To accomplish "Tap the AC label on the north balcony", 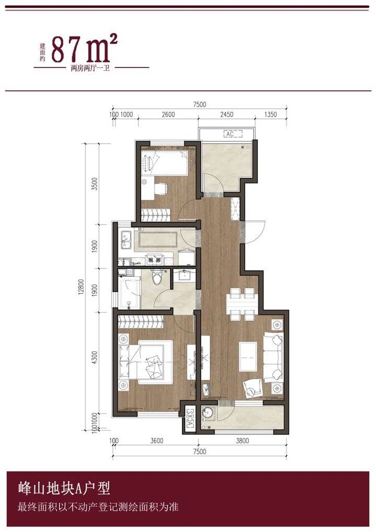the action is tap(230, 134).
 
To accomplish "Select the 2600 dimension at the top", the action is tap(168, 115).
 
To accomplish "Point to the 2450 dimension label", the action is tap(227, 115).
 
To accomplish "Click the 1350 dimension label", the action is tap(271, 115).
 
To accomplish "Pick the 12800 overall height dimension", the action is tap(81, 287).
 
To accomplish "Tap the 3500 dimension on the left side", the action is tap(95, 184).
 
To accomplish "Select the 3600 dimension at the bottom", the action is tap(157, 441).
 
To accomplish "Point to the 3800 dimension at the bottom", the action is tap(242, 441).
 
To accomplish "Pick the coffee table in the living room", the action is tap(249, 357).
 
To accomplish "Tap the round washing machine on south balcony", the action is tap(208, 413).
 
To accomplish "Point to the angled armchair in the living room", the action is tap(252, 388).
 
